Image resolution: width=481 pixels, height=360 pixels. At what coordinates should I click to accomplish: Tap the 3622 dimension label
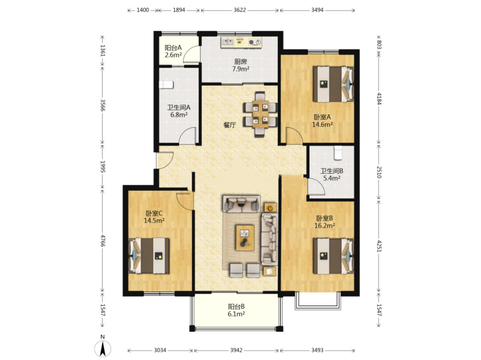tap(240, 10)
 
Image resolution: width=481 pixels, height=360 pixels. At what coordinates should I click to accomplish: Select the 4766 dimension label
tap(103, 241)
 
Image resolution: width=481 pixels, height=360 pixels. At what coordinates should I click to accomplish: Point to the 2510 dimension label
tap(379, 172)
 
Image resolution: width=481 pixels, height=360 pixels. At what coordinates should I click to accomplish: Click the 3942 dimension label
tap(236, 350)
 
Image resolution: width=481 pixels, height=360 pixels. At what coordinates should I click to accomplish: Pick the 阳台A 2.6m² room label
tap(173, 51)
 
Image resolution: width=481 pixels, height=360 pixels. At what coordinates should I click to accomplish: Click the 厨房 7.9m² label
tap(240, 65)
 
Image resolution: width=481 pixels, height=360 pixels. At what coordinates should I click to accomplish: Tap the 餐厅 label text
tap(229, 125)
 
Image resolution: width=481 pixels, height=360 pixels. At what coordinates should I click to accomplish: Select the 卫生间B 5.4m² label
tap(331, 174)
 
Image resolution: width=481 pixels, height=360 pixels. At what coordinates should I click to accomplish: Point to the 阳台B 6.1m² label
tap(236, 310)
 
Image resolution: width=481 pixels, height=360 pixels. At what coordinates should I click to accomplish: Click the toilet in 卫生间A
tap(166, 84)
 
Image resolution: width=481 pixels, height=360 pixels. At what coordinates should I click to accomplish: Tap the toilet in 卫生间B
tap(338, 153)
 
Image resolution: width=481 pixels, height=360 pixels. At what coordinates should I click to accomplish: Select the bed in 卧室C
tap(149, 255)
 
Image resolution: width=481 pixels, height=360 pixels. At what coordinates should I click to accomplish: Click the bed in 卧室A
tap(333, 84)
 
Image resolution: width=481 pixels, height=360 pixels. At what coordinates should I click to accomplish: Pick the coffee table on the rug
tap(245, 237)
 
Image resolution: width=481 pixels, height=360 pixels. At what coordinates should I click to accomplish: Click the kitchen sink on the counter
tap(227, 42)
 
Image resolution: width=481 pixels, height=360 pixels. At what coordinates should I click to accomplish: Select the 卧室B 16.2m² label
tap(325, 222)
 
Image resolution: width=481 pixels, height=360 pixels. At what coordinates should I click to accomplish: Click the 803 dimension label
tap(379, 45)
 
